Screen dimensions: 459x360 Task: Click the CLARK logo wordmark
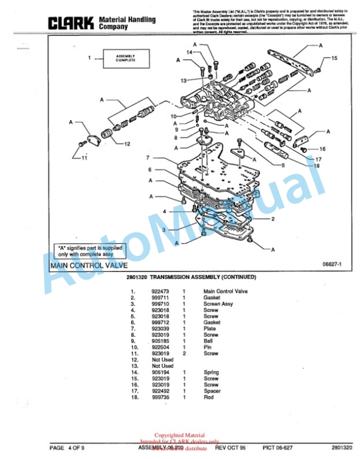coord(71,23)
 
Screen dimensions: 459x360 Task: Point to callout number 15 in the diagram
coord(334,58)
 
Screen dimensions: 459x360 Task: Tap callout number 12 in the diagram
coord(126,143)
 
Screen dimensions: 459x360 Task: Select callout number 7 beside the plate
coord(148,158)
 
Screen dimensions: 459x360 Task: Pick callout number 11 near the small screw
coord(84,158)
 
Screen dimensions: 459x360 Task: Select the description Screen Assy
coord(218,304)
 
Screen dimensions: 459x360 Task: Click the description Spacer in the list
coord(212,391)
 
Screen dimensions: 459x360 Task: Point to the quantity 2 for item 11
coord(184,354)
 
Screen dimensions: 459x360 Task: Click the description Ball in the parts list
coord(208,341)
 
